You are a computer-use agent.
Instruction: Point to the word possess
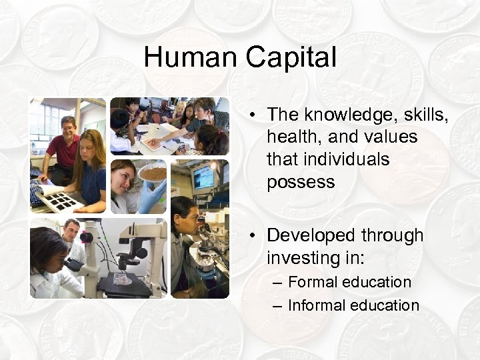coord(301,182)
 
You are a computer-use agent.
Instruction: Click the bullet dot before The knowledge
coord(253,116)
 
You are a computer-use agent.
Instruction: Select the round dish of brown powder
coord(151,175)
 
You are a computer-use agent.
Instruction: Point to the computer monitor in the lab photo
coord(202,177)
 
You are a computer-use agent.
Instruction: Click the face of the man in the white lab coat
coord(71,229)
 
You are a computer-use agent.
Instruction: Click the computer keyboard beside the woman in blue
coord(37,193)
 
